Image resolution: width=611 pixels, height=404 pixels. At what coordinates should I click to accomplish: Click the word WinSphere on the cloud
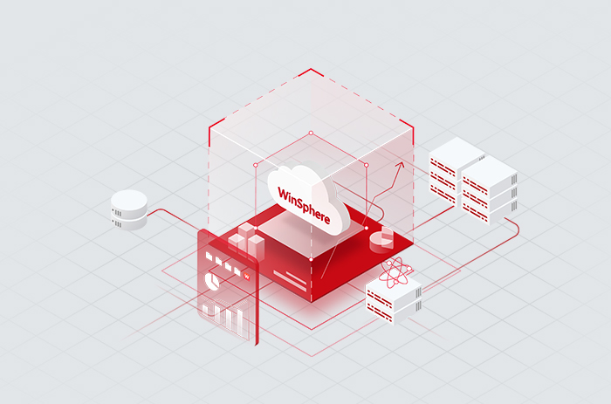coord(304,205)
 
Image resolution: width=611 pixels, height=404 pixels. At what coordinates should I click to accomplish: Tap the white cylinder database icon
coord(129,209)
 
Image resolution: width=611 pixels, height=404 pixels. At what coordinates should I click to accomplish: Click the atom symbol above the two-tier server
coord(395,272)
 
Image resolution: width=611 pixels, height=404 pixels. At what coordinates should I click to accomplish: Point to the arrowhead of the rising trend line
coord(400,166)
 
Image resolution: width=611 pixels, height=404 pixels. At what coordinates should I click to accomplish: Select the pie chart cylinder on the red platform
coord(381,237)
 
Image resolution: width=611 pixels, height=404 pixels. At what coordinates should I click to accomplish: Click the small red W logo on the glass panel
coord(247,277)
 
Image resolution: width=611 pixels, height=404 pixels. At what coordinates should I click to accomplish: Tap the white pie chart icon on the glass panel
coord(212,281)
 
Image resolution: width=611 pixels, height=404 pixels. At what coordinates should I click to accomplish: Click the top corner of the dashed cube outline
coord(311,69)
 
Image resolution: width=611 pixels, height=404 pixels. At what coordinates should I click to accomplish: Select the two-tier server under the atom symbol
coord(394,301)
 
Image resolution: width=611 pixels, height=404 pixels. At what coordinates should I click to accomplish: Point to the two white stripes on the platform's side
coord(291,280)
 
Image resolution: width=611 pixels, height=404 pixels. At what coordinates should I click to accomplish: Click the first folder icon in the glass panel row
coord(209,257)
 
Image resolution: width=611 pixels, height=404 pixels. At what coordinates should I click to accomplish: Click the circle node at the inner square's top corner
coord(311,134)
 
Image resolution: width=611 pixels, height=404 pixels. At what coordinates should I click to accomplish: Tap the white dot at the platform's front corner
coord(311,259)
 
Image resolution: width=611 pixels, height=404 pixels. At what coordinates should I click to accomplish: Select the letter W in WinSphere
coord(283,194)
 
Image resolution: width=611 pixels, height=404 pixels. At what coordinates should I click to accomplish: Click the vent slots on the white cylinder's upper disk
coord(117,213)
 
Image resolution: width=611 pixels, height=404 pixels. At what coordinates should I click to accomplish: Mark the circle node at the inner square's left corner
coord(256,165)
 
